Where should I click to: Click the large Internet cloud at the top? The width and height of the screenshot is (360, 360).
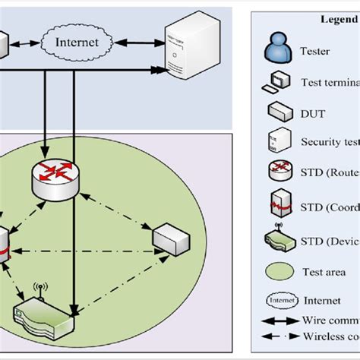pyautogui.click(x=77, y=42)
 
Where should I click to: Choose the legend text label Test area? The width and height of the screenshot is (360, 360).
pyautogui.click(x=324, y=272)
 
